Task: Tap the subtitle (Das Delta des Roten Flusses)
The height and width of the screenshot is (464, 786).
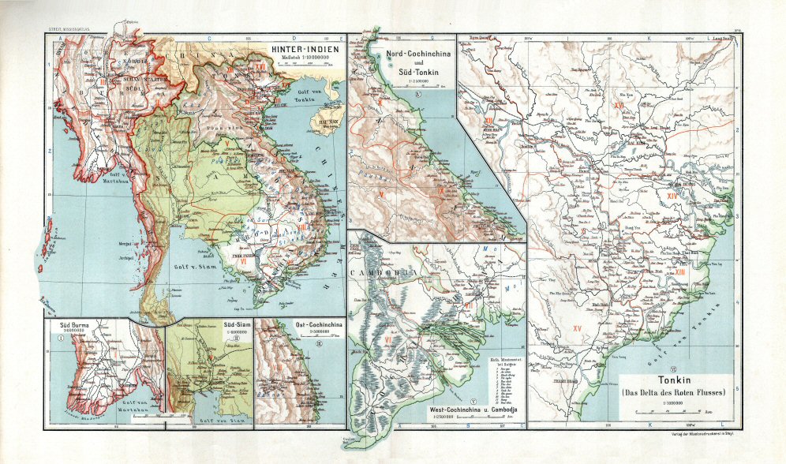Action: (672, 393)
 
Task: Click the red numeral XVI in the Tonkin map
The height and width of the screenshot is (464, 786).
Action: (619, 105)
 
